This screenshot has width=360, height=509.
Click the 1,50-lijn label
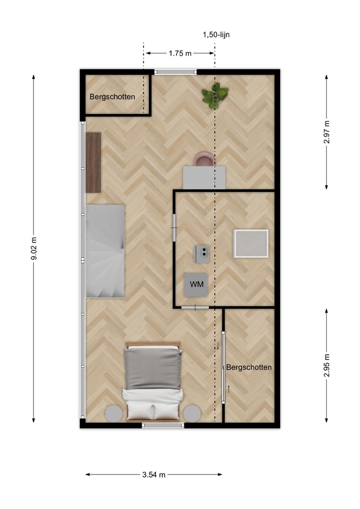(216, 35)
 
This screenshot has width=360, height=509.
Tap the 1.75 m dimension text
(180, 54)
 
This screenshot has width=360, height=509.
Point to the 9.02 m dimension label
(34, 249)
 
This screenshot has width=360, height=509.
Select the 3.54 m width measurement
(154, 475)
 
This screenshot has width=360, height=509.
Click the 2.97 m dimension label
(327, 132)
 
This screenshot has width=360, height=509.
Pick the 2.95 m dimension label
(327, 365)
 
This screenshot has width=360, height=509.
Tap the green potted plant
(215, 95)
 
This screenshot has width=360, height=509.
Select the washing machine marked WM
(196, 285)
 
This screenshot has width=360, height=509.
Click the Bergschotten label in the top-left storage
(112, 96)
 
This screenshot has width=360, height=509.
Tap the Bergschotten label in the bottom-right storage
(249, 367)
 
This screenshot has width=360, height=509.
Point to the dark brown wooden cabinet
(93, 162)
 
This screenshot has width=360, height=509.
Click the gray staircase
(105, 251)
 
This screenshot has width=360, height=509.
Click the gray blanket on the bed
(153, 368)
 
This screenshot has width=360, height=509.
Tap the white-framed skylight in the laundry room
(251, 244)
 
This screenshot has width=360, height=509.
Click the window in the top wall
(175, 72)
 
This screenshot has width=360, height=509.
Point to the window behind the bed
(163, 425)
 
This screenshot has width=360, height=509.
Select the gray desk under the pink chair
(204, 177)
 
